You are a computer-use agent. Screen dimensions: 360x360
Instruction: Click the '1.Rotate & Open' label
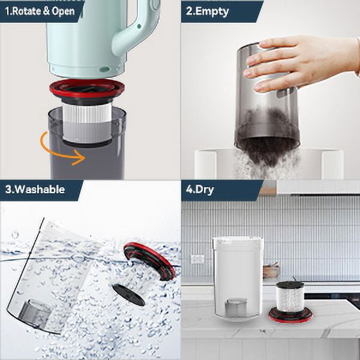[40, 11]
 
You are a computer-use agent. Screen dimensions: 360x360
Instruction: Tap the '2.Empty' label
[208, 12]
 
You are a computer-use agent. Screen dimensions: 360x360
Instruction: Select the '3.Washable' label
[35, 190]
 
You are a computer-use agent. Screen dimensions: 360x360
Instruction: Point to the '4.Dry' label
[200, 190]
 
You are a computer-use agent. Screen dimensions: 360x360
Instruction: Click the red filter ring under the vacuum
[87, 88]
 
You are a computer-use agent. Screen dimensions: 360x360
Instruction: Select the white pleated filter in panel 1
[87, 123]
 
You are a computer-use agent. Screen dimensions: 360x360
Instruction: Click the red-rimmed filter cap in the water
[149, 261]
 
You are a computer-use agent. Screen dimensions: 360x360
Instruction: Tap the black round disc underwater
[128, 295]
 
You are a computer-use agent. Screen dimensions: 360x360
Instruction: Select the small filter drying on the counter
[290, 302]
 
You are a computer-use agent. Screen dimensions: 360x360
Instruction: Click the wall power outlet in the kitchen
[197, 259]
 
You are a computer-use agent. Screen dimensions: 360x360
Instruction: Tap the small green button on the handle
[139, 26]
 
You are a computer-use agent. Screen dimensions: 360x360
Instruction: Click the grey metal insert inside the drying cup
[236, 308]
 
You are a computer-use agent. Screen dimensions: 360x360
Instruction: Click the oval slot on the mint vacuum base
[104, 69]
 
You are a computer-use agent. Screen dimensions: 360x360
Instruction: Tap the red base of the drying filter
[290, 315]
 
